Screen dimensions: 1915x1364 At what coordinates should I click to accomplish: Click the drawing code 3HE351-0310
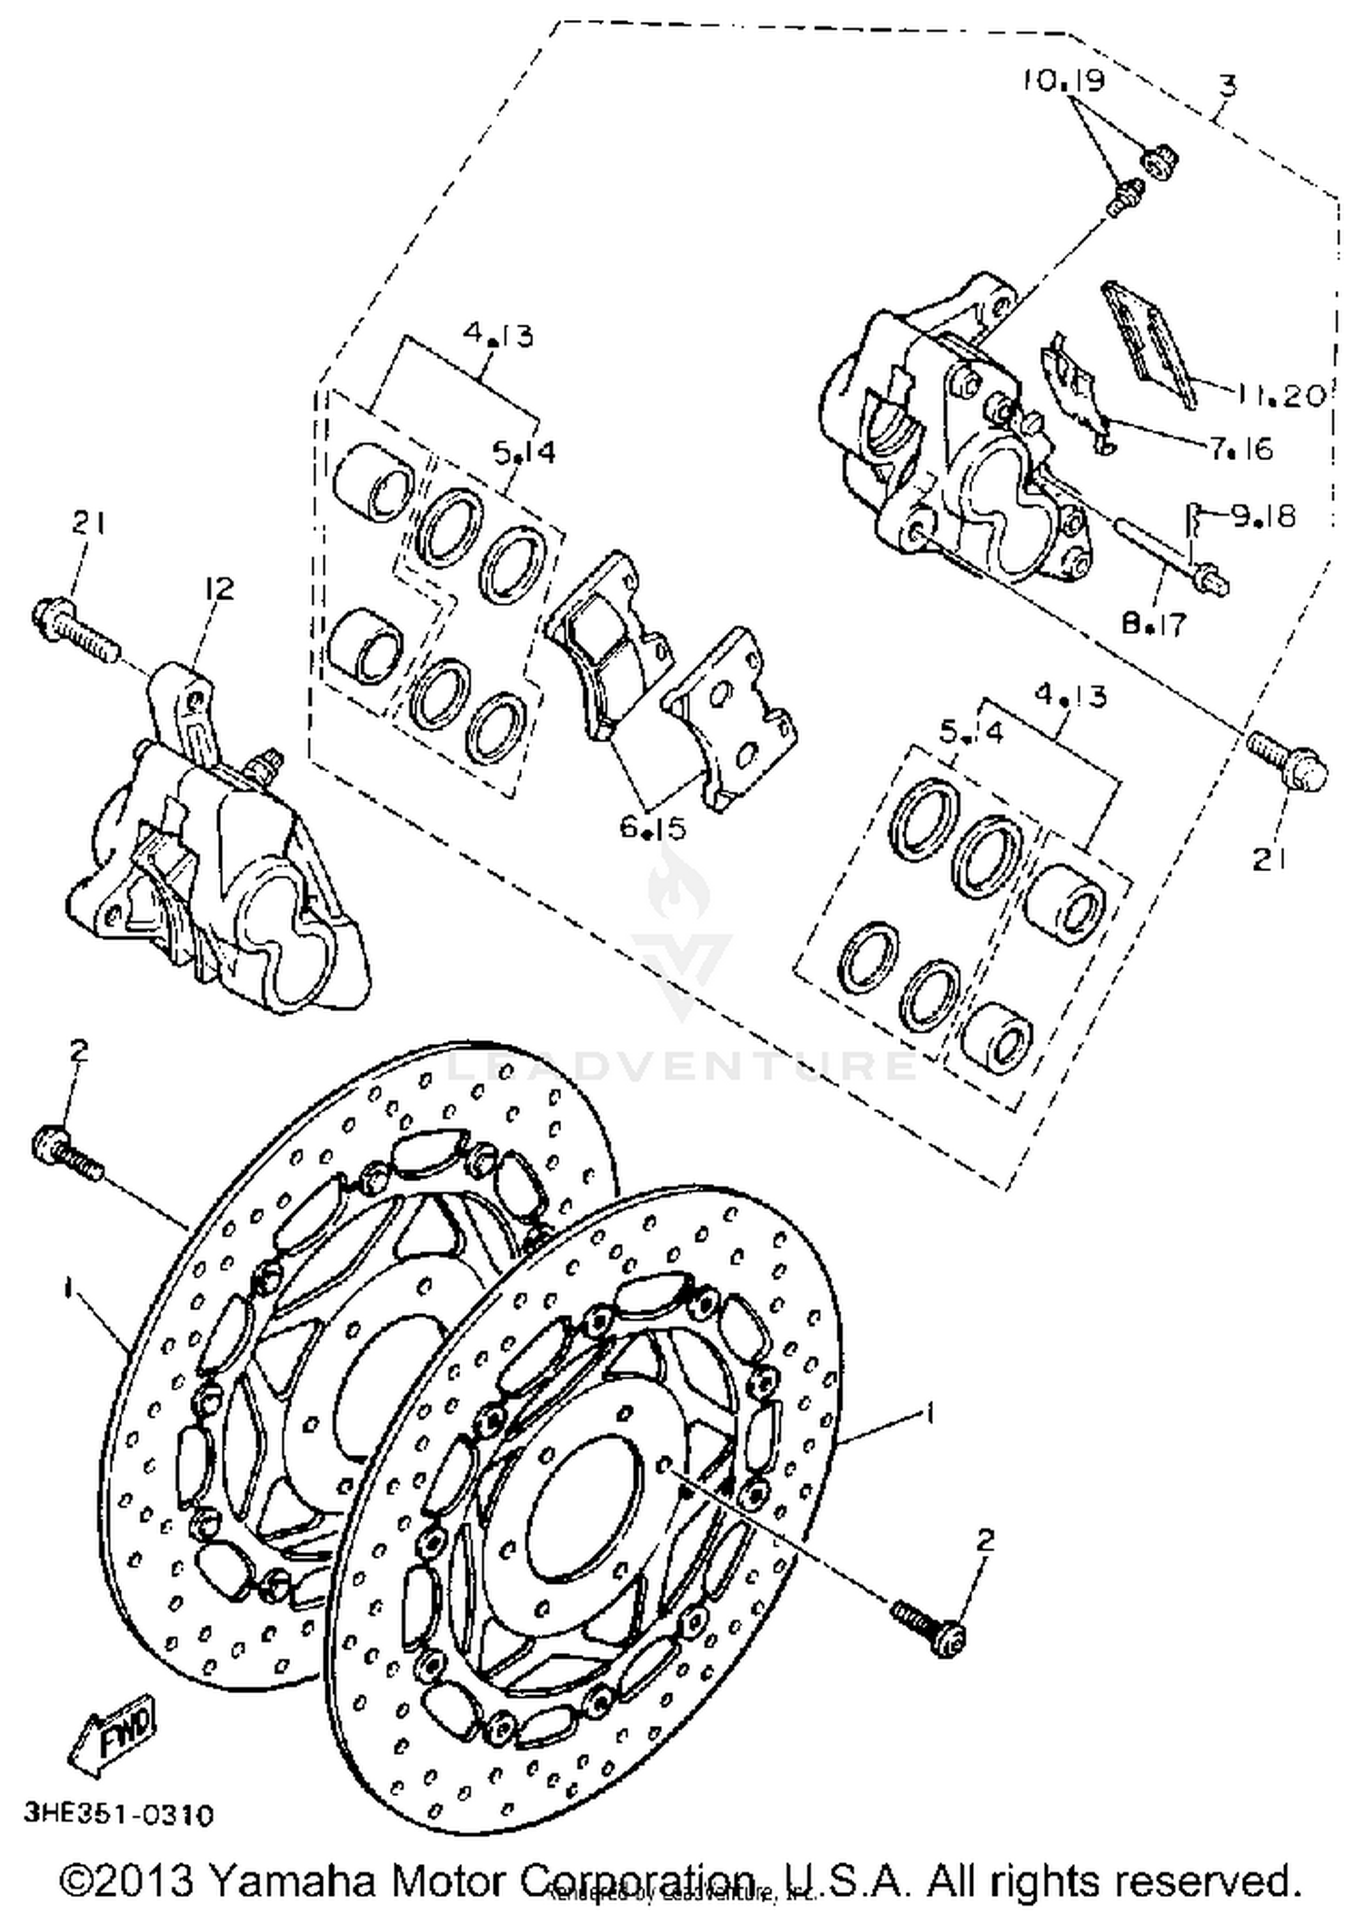tap(119, 1815)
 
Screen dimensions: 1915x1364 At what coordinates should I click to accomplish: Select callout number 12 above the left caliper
tap(219, 588)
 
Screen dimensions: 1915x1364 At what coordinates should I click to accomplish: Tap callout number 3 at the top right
tap(1227, 85)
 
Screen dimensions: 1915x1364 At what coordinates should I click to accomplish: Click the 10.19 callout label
tap(1062, 81)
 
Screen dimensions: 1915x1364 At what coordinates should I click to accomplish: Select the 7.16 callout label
tap(1254, 448)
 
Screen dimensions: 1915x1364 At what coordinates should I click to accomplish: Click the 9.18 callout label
tap(1263, 516)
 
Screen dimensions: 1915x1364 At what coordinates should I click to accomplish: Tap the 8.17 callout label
tap(1154, 624)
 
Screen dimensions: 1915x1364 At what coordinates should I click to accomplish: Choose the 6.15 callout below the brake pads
tap(653, 827)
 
